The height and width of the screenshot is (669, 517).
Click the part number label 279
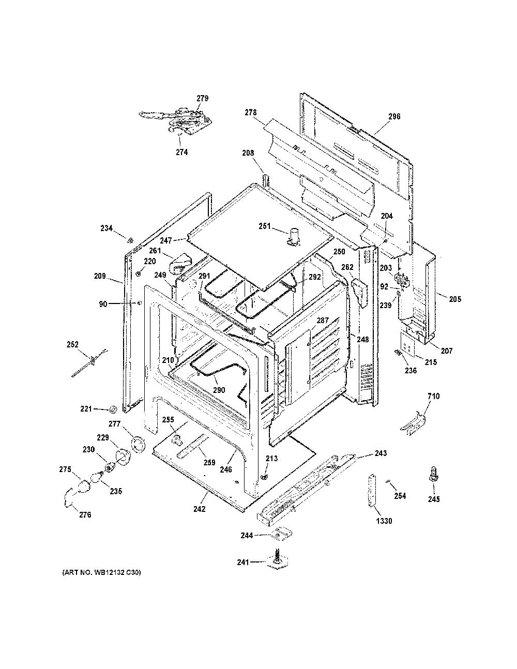tap(203, 98)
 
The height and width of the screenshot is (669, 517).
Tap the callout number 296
tap(394, 116)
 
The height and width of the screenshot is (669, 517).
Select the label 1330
tap(384, 521)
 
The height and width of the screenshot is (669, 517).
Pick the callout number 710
tap(433, 396)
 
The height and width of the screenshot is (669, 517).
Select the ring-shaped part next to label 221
tap(113, 409)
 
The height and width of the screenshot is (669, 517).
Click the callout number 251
tap(264, 226)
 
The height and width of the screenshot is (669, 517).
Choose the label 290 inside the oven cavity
tap(219, 390)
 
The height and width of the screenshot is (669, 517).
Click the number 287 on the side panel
tap(323, 321)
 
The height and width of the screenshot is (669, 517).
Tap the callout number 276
tap(85, 514)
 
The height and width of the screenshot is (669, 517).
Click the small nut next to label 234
tap(130, 240)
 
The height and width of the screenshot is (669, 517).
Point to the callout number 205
tap(455, 299)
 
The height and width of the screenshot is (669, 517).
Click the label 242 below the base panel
tap(200, 509)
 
